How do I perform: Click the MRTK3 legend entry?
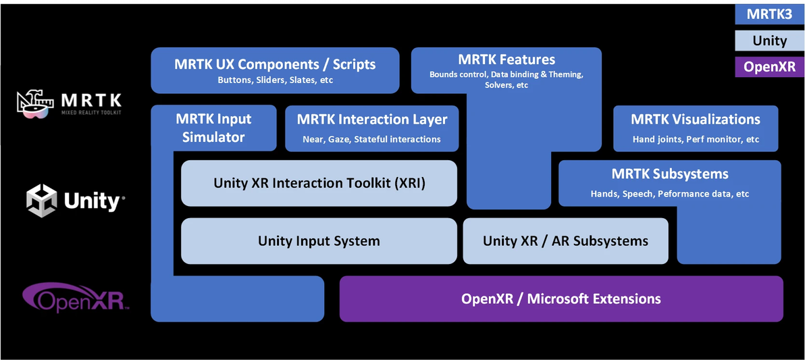point(769,14)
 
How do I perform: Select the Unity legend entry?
point(769,41)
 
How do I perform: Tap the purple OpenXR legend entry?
point(769,66)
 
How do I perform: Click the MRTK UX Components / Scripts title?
point(275,64)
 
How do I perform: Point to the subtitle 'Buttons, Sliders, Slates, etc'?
point(275,80)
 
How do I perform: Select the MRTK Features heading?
point(506,59)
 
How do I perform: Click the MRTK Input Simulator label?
point(213,128)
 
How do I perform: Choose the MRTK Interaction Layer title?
point(372,120)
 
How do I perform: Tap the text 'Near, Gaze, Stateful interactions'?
point(372,139)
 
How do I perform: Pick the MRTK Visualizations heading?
point(696,120)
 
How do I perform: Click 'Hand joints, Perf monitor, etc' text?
point(696,139)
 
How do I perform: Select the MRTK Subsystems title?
point(670,174)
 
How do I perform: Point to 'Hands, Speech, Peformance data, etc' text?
point(670,194)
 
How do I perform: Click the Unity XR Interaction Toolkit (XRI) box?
point(319,183)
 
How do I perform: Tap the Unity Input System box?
point(319,241)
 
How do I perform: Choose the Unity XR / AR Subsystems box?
point(565,241)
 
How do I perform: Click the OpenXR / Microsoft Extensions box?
point(561,299)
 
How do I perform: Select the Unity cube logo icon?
point(41,201)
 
